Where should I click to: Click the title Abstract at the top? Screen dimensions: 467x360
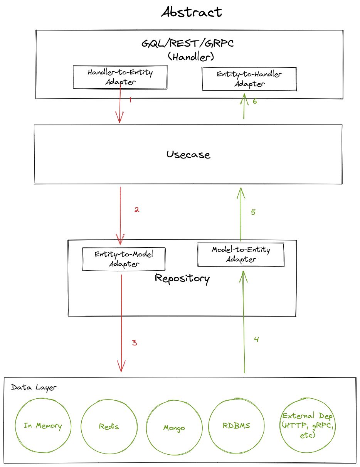click(192, 12)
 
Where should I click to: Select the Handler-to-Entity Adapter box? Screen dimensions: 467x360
click(120, 77)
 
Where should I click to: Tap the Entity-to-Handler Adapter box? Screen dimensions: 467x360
click(249, 79)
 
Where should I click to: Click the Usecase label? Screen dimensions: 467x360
click(188, 155)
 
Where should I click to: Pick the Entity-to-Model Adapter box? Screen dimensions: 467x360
click(124, 259)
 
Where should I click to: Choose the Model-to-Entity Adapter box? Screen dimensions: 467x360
click(241, 255)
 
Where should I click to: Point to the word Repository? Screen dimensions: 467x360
click(182, 278)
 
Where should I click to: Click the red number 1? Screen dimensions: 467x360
click(131, 100)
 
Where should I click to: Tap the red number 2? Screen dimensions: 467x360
click(136, 210)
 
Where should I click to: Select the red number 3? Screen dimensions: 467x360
click(134, 342)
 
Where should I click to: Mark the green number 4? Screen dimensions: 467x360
click(256, 339)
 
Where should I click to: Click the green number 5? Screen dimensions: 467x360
click(253, 212)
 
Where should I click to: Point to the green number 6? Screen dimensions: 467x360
click(254, 101)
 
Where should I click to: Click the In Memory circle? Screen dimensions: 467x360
click(43, 426)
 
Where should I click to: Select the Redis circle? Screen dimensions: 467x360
click(109, 427)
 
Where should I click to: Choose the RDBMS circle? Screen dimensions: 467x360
click(236, 426)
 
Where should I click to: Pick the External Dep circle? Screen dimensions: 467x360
click(307, 426)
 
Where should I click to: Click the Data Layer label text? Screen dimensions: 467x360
click(34, 388)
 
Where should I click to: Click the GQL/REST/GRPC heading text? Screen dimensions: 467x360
click(188, 43)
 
